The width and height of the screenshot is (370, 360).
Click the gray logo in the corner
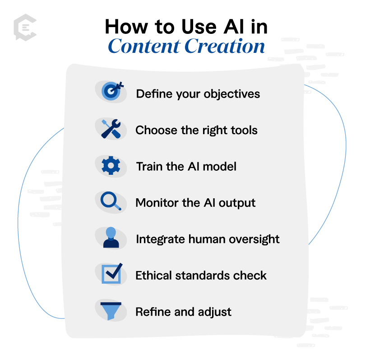[x=25, y=28]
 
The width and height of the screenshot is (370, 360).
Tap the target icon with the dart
[x=112, y=91]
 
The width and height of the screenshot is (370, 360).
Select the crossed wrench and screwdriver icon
[x=111, y=129]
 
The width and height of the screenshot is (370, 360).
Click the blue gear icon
[x=111, y=165]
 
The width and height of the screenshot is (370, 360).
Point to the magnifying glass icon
[x=111, y=201]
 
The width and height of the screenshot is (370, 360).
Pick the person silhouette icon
[x=111, y=238]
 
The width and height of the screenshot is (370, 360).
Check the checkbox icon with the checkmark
[x=112, y=273]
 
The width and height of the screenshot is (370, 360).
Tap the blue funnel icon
[x=111, y=311]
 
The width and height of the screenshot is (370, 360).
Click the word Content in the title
[x=144, y=46]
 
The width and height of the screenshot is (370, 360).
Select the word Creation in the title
[x=224, y=46]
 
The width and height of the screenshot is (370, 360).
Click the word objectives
[x=232, y=94]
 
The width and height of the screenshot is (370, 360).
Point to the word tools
[x=244, y=130]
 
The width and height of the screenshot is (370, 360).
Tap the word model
[x=219, y=166]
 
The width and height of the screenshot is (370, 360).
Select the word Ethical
[x=153, y=276]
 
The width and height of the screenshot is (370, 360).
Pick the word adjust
[x=215, y=312]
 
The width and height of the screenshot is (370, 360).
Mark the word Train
[x=150, y=166]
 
